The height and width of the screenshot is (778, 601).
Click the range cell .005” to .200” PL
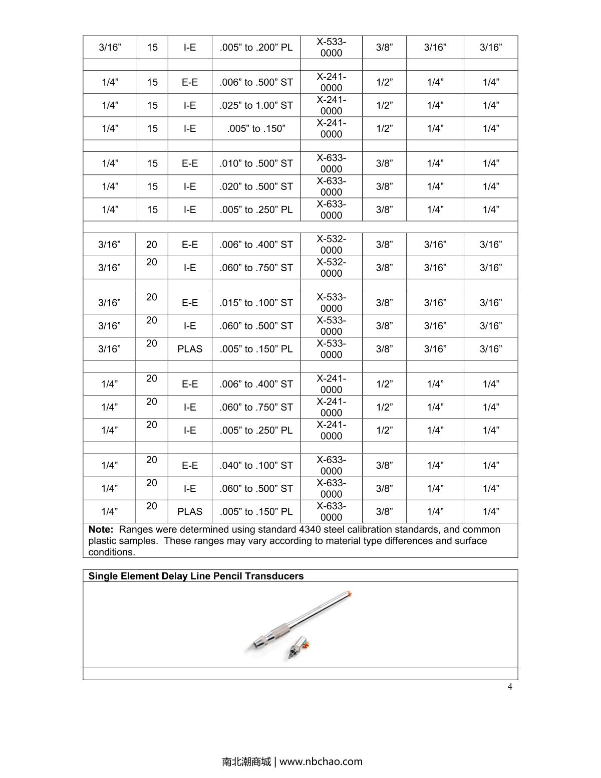[256, 48]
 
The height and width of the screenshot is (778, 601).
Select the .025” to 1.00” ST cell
[256, 106]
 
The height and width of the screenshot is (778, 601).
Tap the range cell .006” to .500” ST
[256, 82]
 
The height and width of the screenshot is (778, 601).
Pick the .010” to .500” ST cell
[256, 163]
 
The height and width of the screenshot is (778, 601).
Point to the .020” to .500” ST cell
[256, 186]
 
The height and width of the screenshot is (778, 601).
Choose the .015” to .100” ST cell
[256, 303]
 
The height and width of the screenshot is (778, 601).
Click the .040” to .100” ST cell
[256, 466]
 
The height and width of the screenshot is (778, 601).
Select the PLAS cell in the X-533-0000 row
[190, 349]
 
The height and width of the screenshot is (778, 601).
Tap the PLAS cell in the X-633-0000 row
[190, 512]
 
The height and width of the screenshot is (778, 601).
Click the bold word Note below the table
[100, 530]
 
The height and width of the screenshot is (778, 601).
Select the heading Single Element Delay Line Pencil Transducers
[196, 576]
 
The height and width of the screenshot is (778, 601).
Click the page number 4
[510, 687]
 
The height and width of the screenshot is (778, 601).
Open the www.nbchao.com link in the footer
[321, 762]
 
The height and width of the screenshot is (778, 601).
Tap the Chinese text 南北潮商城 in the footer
[246, 762]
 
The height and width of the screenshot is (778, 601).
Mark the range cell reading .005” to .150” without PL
[256, 129]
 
